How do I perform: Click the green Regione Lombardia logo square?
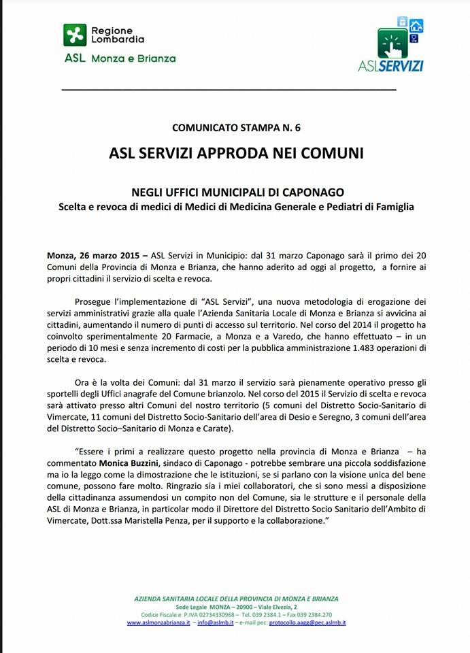click(x=75, y=35)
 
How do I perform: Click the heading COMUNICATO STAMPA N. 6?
click(x=235, y=127)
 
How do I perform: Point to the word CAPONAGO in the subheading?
click(x=312, y=192)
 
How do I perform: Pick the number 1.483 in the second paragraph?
click(x=333, y=348)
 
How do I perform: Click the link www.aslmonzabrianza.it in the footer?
click(x=158, y=622)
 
